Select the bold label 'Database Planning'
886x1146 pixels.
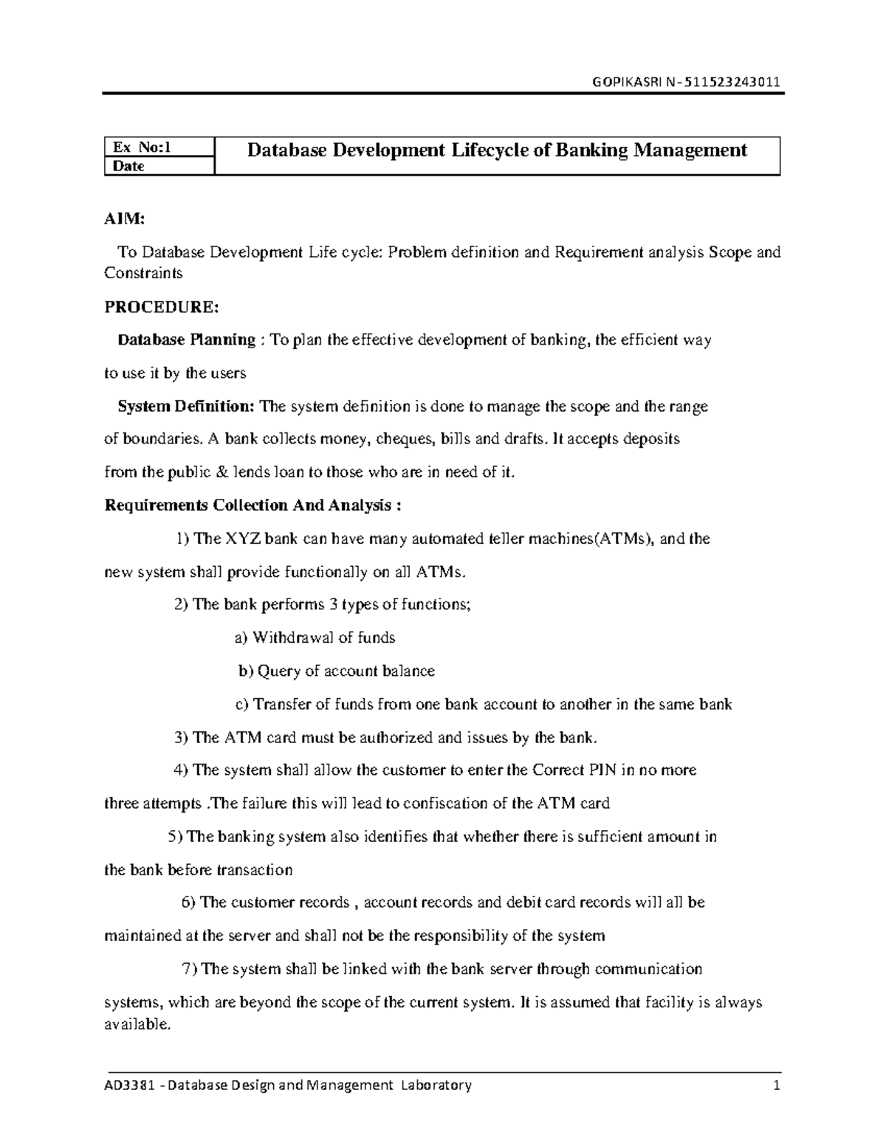(x=187, y=340)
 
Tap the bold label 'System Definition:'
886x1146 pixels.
(x=186, y=407)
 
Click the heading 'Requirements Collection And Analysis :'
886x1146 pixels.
(x=253, y=505)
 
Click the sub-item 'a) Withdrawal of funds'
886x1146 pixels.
(x=315, y=638)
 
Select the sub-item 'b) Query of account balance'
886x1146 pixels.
(x=336, y=671)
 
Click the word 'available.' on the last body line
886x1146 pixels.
(x=137, y=1024)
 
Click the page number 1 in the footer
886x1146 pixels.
(x=775, y=1085)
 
